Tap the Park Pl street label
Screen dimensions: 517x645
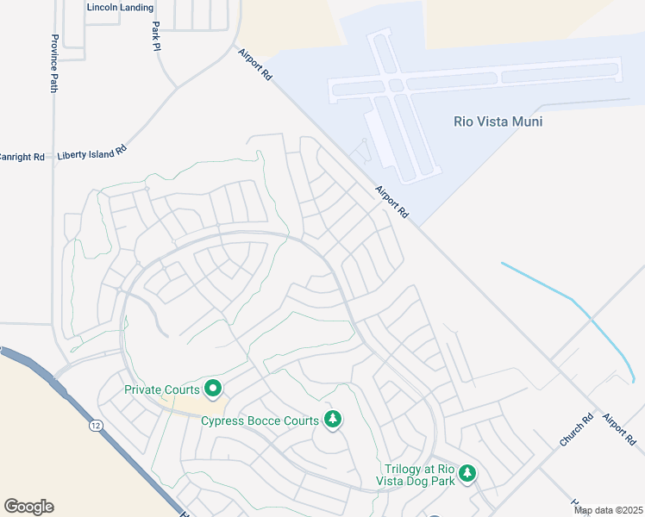[x=156, y=36]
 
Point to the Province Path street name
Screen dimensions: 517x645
[x=54, y=64]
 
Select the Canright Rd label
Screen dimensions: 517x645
[x=21, y=157]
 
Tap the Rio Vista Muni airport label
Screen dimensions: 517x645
[x=498, y=121]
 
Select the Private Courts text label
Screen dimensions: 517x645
[x=161, y=389]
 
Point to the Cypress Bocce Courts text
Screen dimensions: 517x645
[x=260, y=420]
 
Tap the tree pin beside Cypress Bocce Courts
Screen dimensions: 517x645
[x=332, y=420]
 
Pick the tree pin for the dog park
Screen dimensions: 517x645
[x=467, y=473]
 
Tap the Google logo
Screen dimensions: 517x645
[x=28, y=506]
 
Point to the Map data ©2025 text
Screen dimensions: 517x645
[x=609, y=510]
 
